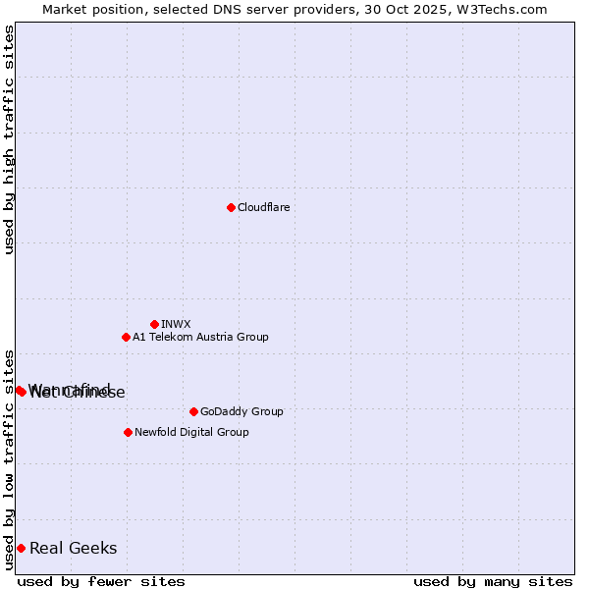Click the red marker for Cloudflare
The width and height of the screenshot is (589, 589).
[231, 207]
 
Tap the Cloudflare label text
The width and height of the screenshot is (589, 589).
[263, 207]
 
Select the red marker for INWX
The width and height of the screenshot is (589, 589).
[154, 324]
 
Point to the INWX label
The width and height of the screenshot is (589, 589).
[176, 324]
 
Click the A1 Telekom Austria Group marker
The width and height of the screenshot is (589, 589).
[126, 337]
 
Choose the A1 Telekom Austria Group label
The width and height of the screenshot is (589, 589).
[200, 337]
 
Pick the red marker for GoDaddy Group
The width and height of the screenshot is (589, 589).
[193, 411]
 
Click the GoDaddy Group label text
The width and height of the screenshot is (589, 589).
[241, 411]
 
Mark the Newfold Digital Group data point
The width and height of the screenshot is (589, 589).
[128, 432]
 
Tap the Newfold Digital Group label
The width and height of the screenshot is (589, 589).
[191, 432]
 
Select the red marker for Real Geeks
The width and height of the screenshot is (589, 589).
[21, 548]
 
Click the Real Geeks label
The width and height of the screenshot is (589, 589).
[73, 548]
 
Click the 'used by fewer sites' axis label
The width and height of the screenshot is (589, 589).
[101, 581]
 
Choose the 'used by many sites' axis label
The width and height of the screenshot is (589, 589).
[493, 581]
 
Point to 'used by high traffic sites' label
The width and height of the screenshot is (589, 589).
[9, 139]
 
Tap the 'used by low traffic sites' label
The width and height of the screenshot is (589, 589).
[9, 459]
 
